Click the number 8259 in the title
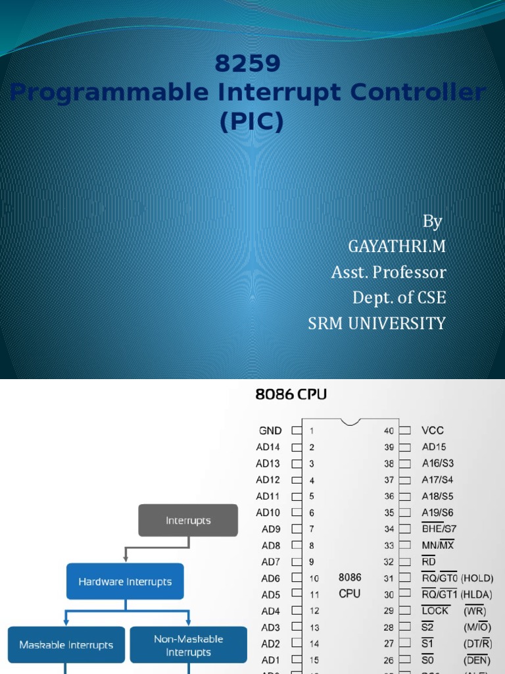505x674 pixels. point(248,64)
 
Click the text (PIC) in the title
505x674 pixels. point(252,122)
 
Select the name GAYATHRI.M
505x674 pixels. point(397,246)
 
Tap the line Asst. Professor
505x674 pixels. point(389,272)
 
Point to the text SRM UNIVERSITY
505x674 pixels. point(377,323)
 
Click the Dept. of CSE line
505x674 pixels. point(399,298)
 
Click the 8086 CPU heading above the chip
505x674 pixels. point(291,395)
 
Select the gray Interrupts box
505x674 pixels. point(188,521)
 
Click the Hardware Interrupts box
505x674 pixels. point(125,582)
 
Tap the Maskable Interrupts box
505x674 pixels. point(66,645)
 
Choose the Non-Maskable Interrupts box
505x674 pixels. point(188,645)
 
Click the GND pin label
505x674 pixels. point(270,430)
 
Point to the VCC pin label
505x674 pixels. point(433,430)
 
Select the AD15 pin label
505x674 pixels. point(434,447)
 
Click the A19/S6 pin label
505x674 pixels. point(437,512)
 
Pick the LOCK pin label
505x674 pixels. point(435,611)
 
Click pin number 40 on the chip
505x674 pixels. point(389,430)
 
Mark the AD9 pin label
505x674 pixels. point(271,529)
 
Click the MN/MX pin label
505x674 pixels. point(437,545)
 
